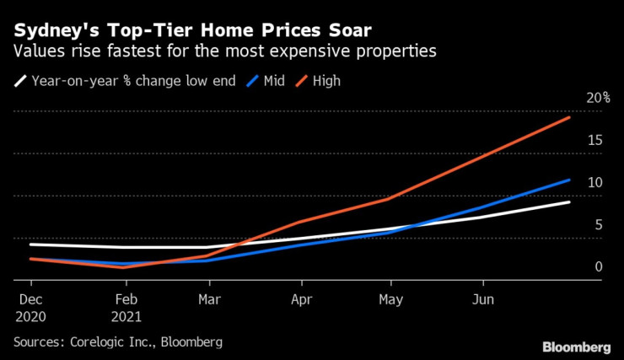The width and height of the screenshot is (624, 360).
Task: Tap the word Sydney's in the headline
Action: pyautogui.click(x=50, y=30)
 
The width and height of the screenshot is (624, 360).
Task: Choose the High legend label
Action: pyautogui.click(x=326, y=82)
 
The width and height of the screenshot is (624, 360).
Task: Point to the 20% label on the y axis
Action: pyautogui.click(x=598, y=98)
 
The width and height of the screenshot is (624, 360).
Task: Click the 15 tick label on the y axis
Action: pyautogui.click(x=594, y=140)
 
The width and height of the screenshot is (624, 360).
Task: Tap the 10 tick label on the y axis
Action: pyautogui.click(x=594, y=182)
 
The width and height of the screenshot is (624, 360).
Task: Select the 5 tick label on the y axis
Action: pyautogui.click(x=598, y=224)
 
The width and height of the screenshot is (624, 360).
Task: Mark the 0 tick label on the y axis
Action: pyautogui.click(x=598, y=266)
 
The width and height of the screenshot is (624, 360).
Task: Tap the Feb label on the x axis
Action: pyautogui.click(x=126, y=299)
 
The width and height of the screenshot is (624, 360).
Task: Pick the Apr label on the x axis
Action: pyautogui.click(x=301, y=299)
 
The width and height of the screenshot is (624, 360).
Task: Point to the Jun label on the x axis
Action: pyautogui.click(x=482, y=299)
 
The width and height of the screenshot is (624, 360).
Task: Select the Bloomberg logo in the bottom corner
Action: pyautogui.click(x=576, y=347)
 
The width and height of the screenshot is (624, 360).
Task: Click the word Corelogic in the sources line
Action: pyautogui.click(x=102, y=342)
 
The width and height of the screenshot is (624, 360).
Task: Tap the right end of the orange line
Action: pyautogui.click(x=570, y=117)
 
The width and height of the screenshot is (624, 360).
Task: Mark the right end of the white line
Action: pyautogui.click(x=570, y=201)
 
